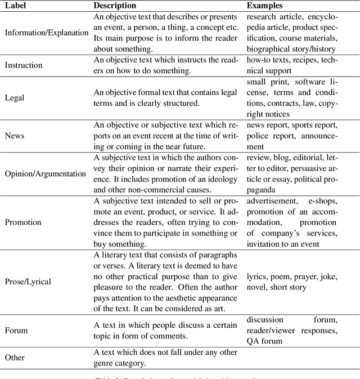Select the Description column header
point(115,5)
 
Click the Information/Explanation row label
point(47,33)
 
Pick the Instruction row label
point(24,65)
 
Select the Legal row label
point(15,97)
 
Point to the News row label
point(14,136)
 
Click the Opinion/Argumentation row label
point(46,173)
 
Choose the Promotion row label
point(23,222)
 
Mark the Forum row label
point(16,331)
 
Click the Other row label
point(15,357)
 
